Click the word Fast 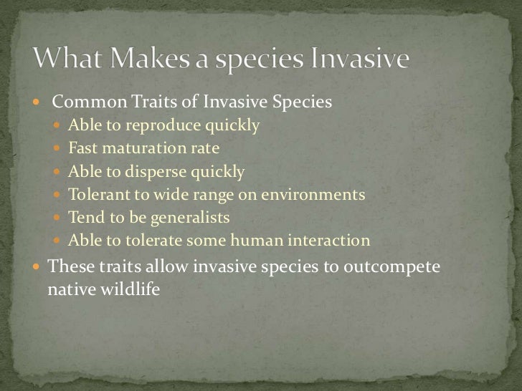click(x=82, y=150)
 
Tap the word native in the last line click(x=70, y=291)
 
